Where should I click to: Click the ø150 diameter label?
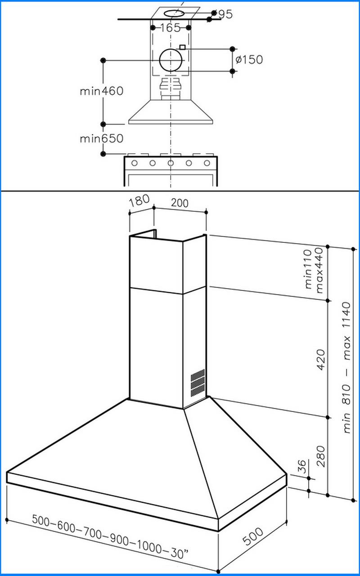coord(249,59)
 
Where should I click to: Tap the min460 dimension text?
coord(101,91)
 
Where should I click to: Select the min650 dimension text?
coord(101,138)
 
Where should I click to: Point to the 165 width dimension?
coord(170,27)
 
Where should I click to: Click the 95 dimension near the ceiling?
coord(225,14)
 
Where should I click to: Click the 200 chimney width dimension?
coord(180,203)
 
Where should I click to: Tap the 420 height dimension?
coord(321,359)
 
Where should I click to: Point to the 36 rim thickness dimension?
coord(302,465)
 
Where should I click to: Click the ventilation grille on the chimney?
coord(197,383)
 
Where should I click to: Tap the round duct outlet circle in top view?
coord(171,60)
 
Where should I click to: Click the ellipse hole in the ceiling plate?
coord(171,13)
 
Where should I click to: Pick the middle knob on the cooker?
coord(171,163)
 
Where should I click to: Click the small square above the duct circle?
coord(182,47)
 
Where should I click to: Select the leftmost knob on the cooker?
coord(134,163)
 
